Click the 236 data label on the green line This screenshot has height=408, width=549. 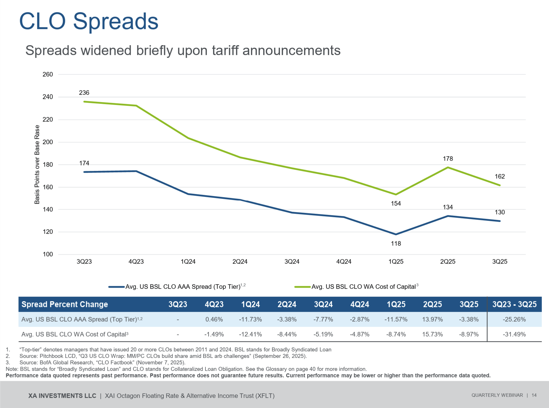84,93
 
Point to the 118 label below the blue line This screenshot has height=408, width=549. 396,244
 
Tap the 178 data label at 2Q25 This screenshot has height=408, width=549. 448,159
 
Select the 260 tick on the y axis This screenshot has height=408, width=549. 48,74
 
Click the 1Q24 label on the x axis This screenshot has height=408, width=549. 188,262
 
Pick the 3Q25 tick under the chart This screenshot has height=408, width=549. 500,262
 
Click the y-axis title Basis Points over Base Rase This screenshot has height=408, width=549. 37,165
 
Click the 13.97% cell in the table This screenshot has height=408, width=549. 432,319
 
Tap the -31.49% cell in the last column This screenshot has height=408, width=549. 514,334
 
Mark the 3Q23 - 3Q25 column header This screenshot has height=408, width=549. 514,305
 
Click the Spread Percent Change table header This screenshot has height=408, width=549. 65,305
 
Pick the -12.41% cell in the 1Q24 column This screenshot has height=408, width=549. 250,334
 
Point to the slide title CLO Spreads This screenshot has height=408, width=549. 89,21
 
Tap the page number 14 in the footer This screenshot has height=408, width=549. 534,395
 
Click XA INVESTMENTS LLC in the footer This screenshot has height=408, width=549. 62,396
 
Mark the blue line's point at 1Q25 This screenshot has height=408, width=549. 396,234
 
